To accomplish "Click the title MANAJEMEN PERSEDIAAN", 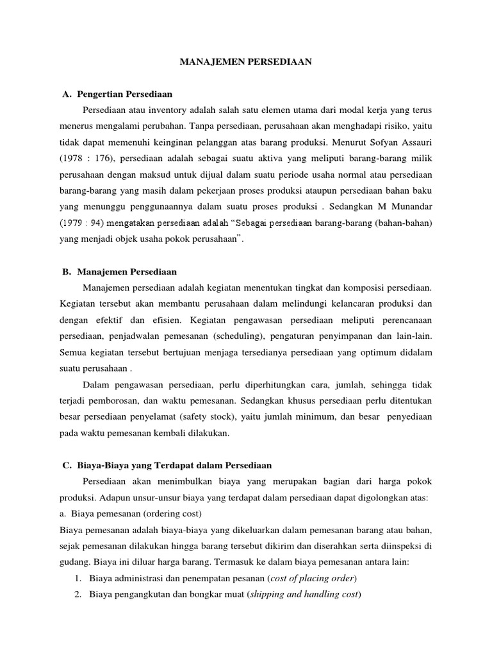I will (x=245, y=62).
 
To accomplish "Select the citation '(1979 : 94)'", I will (x=80, y=223).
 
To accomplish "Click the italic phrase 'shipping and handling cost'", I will (x=304, y=595).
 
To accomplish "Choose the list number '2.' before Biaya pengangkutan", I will (x=78, y=595).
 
